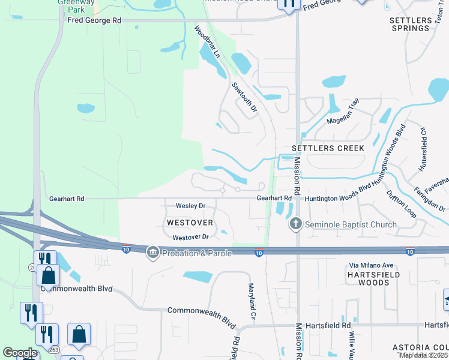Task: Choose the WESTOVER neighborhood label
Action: tap(190, 223)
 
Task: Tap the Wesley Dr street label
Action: tap(190, 206)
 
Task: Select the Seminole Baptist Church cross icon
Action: tap(295, 224)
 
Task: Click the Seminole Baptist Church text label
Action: tap(351, 225)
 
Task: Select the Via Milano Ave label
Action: tap(370, 265)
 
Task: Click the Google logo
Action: tap(20, 353)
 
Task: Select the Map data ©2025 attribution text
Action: tap(423, 355)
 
